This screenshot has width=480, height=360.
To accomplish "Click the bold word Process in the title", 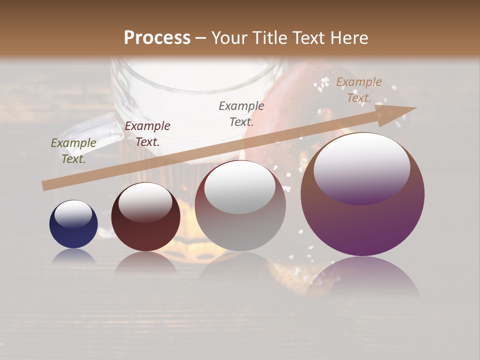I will (157, 38).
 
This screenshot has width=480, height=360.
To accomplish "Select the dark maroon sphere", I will (145, 218).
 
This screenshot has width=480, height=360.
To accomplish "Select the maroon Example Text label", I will (147, 134).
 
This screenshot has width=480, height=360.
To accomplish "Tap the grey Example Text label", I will (241, 113).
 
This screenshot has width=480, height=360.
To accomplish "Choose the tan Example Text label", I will (359, 90).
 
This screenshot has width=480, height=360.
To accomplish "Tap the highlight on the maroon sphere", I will (145, 202).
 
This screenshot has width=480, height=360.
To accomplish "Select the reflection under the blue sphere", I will (73, 257).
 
